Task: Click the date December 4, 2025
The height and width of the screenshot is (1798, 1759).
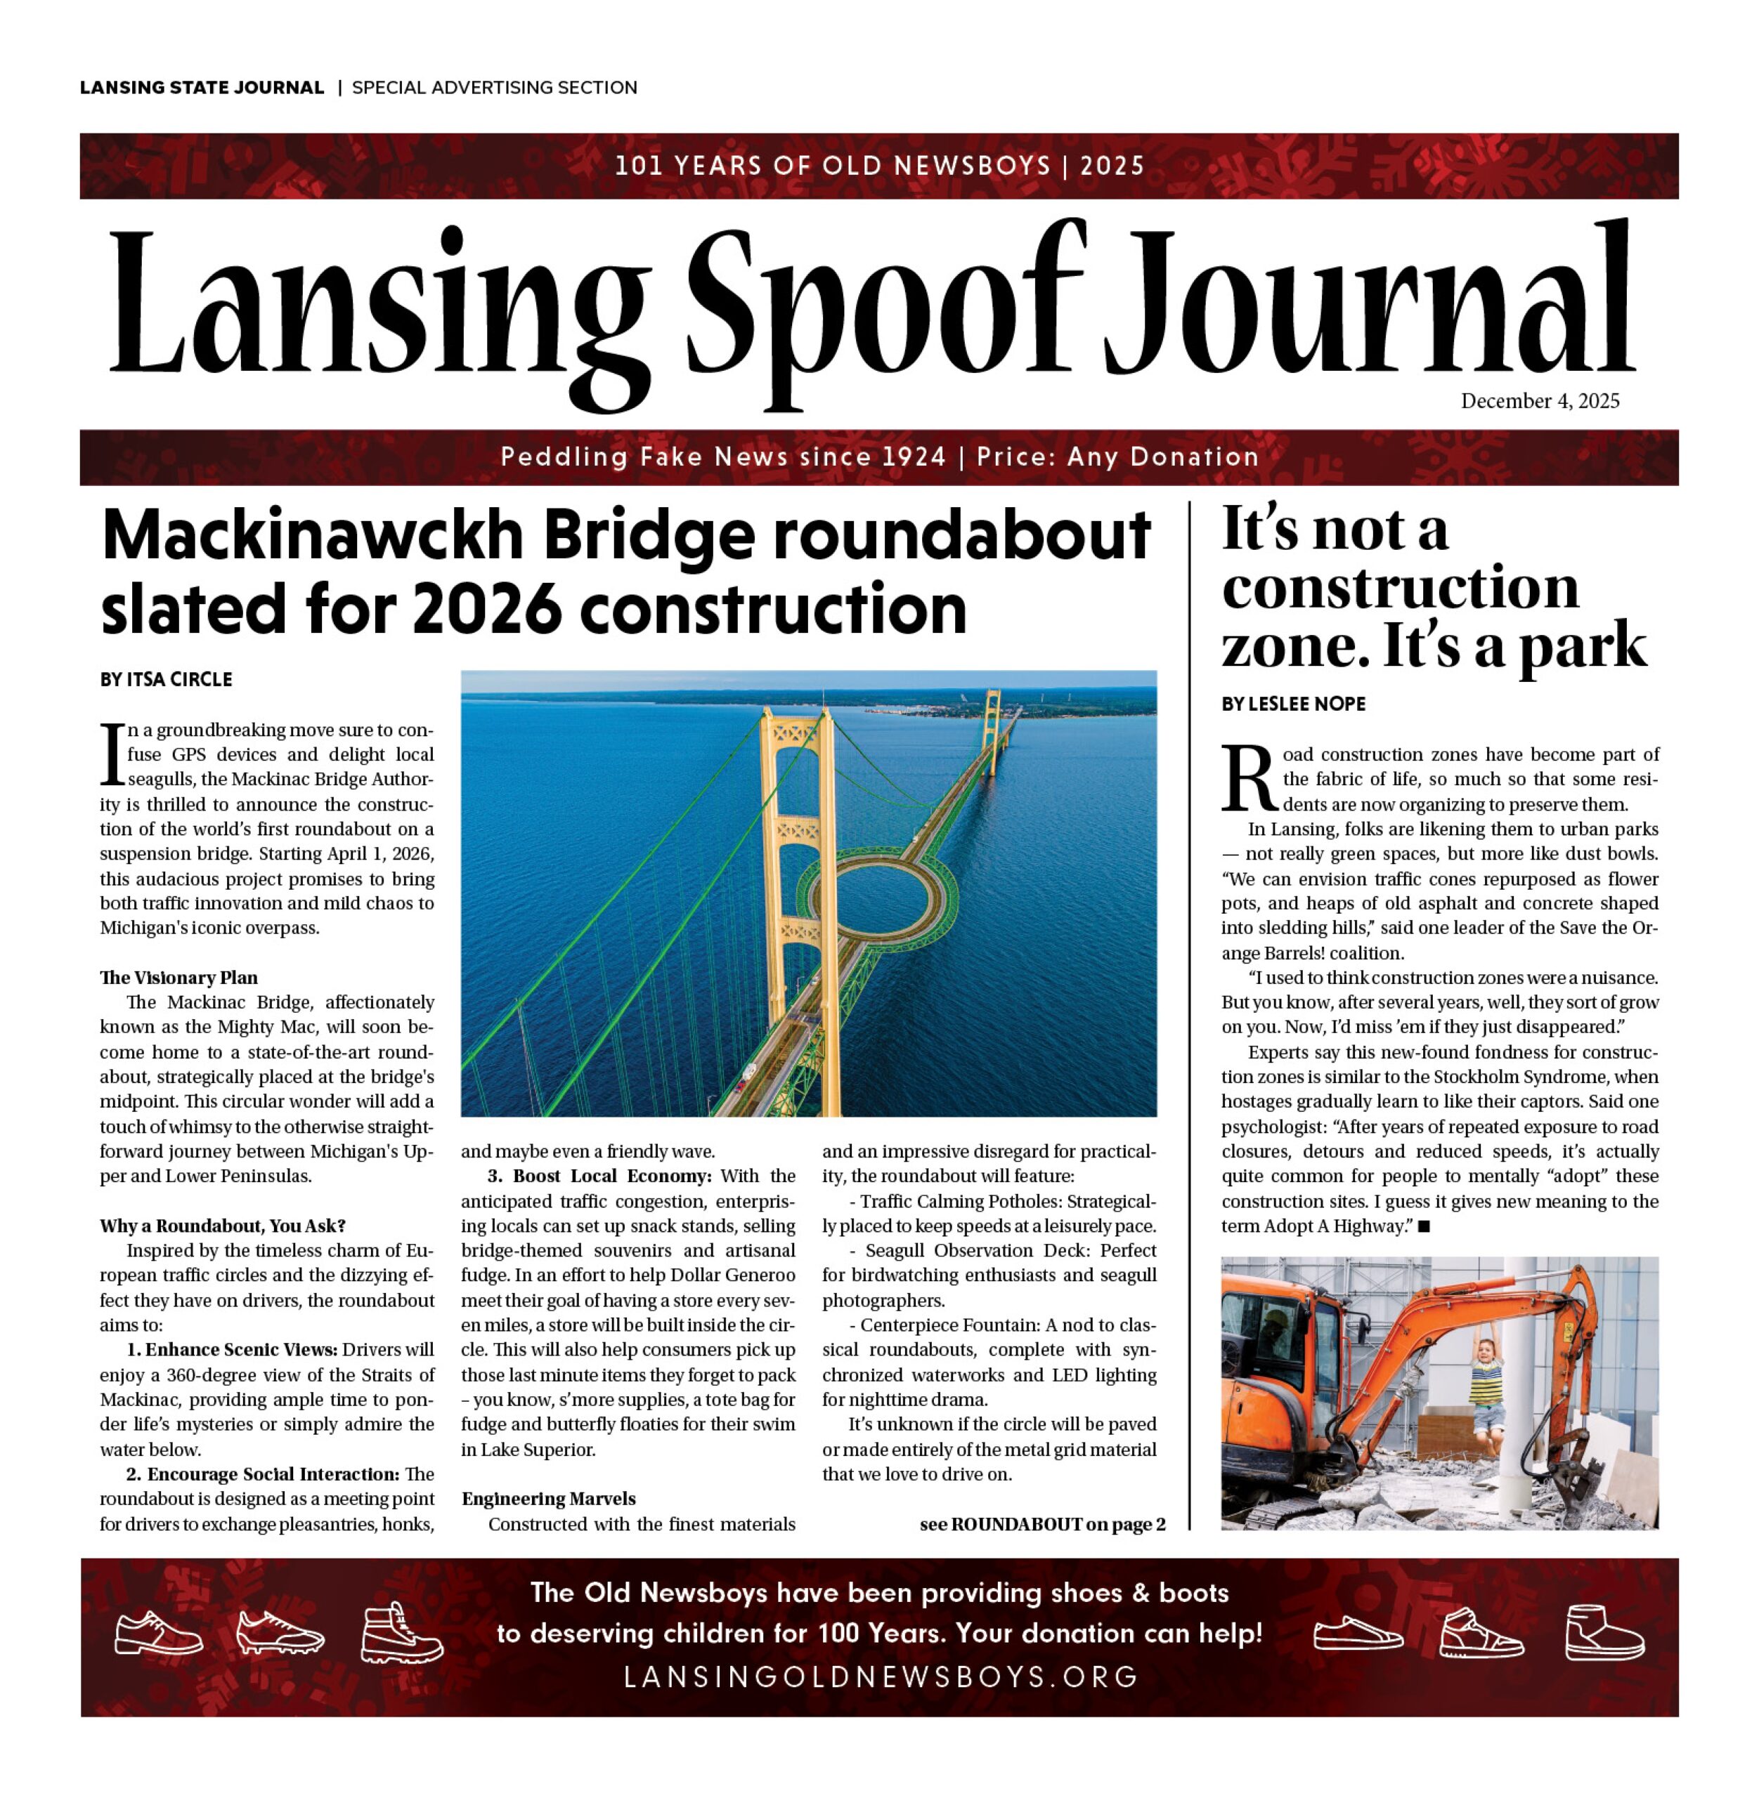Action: [x=1539, y=401]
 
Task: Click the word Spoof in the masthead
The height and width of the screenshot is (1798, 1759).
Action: [x=885, y=309]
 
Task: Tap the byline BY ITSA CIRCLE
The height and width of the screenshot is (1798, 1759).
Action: [x=167, y=680]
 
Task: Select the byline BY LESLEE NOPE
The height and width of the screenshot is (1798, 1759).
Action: [x=1292, y=704]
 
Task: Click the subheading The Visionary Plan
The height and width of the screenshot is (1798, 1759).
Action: [x=179, y=978]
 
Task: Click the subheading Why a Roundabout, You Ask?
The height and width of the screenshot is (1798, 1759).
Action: [x=223, y=1226]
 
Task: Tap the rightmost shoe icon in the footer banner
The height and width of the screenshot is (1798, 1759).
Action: [x=1604, y=1633]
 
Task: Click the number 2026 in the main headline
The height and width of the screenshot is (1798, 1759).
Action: [x=487, y=610]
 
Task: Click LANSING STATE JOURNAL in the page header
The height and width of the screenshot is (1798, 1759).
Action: [x=202, y=88]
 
